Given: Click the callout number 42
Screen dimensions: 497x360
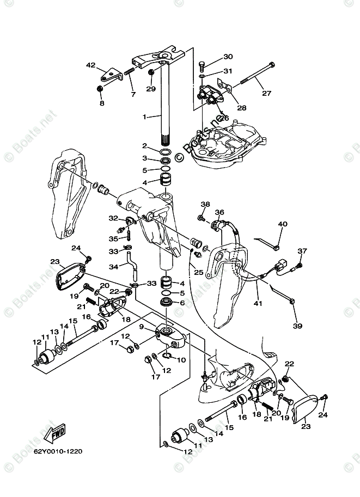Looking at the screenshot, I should pyautogui.click(x=90, y=65).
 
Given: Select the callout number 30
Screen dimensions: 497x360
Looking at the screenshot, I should pyautogui.click(x=228, y=57).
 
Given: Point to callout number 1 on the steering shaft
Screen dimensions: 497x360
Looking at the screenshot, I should pyautogui.click(x=144, y=116).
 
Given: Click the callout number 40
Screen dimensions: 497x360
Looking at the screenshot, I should pyautogui.click(x=282, y=224).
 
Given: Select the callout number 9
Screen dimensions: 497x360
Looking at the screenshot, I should pyautogui.click(x=141, y=327).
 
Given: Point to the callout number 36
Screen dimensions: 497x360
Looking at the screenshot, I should pyautogui.click(x=219, y=212).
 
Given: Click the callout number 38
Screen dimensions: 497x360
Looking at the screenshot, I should pyautogui.click(x=205, y=205).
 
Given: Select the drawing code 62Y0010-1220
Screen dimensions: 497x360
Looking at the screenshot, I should pyautogui.click(x=58, y=451).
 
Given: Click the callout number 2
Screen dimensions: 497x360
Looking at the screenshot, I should pyautogui.click(x=144, y=146).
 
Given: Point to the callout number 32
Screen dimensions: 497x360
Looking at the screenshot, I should pyautogui.click(x=113, y=218).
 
